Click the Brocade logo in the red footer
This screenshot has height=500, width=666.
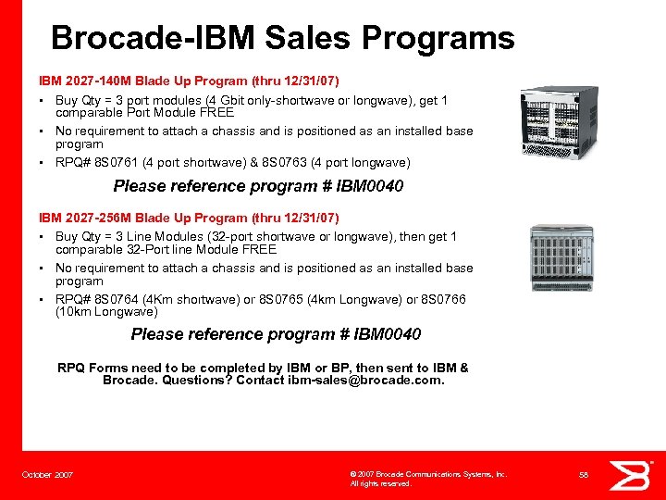(635, 474)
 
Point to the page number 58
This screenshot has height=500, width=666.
(584, 475)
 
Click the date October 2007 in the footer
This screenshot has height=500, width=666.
(47, 475)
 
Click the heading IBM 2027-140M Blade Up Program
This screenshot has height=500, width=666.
(189, 81)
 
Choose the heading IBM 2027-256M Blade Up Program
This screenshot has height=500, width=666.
(189, 219)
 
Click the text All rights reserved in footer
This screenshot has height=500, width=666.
(380, 484)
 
